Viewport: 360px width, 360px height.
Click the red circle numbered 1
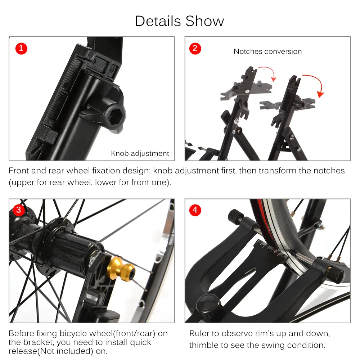point(21,49)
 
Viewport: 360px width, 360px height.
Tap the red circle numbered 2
point(195,49)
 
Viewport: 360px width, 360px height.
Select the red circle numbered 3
point(19,210)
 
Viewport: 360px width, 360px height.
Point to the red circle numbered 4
point(195,210)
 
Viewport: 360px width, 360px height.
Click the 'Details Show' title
point(179,21)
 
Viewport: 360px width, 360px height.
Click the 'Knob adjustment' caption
point(140,153)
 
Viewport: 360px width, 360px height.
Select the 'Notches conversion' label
point(267,51)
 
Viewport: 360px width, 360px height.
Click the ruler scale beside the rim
point(271,249)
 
